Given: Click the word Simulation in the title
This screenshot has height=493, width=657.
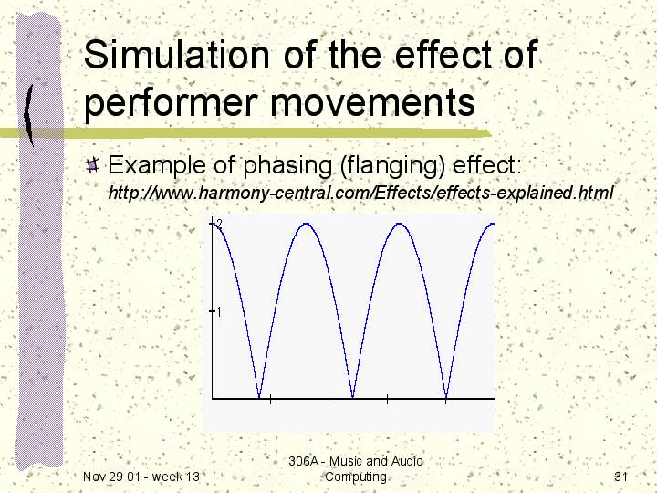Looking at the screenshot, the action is click(x=176, y=55).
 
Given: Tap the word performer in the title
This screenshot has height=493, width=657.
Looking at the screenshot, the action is click(x=170, y=103).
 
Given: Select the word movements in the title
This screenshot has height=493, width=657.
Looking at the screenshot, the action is click(x=372, y=102).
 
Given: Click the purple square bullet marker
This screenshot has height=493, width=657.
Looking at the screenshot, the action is click(x=92, y=164).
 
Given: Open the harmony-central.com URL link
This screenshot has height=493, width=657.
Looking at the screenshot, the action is click(x=360, y=193).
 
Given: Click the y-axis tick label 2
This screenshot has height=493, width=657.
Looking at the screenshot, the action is click(x=219, y=223).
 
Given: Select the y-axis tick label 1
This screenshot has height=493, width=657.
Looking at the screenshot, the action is click(x=219, y=312).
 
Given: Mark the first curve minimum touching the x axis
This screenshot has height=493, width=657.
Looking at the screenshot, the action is click(x=259, y=396).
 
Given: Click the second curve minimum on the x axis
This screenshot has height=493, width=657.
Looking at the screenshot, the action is click(x=353, y=396).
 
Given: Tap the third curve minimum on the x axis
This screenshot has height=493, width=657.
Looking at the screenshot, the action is click(x=446, y=396).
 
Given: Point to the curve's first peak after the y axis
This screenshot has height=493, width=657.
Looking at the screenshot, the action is click(x=307, y=224).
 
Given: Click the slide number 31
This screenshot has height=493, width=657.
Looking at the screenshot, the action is click(x=620, y=477).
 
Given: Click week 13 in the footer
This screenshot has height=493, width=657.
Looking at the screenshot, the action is click(x=175, y=477).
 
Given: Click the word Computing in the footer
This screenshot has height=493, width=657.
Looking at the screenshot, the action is click(x=355, y=477).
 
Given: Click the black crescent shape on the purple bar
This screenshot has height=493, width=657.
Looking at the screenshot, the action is click(x=28, y=115).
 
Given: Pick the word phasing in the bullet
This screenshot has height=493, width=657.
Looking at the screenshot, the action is click(x=287, y=165).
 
